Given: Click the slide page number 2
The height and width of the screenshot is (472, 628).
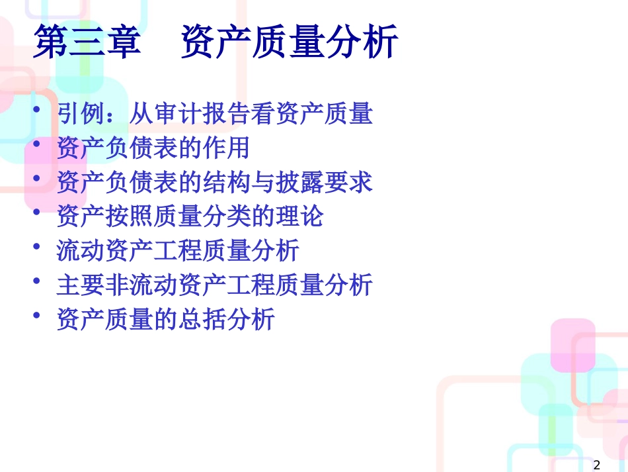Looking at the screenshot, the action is tap(597, 465).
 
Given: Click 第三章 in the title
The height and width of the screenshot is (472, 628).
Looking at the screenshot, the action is tap(87, 42).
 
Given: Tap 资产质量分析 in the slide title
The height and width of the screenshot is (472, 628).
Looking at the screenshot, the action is tap(290, 42).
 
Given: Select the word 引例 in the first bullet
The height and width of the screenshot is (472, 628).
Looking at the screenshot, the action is tap(81, 113).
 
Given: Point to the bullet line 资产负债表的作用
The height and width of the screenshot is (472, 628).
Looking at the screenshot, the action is tap(153, 148).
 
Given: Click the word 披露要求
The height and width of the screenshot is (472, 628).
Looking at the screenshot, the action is tap(324, 183).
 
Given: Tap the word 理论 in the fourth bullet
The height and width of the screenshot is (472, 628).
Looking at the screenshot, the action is tap(299, 216).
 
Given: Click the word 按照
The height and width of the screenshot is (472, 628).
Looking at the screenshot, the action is tap(130, 216).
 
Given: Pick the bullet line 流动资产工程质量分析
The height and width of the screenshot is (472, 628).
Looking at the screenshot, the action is tap(178, 251).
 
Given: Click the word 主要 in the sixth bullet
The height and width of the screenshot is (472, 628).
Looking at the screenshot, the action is tap(81, 285).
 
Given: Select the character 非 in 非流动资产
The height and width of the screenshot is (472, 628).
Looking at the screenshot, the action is tap(118, 285).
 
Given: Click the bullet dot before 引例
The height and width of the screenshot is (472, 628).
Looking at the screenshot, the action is tap(37, 109).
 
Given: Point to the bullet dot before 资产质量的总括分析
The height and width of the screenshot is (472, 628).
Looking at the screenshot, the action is tap(37, 315).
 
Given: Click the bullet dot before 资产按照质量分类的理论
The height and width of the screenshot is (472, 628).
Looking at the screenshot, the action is tap(37, 212).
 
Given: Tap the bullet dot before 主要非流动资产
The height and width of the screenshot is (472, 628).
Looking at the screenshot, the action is tap(37, 281).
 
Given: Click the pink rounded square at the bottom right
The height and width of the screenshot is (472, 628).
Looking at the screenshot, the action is tap(572, 346).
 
